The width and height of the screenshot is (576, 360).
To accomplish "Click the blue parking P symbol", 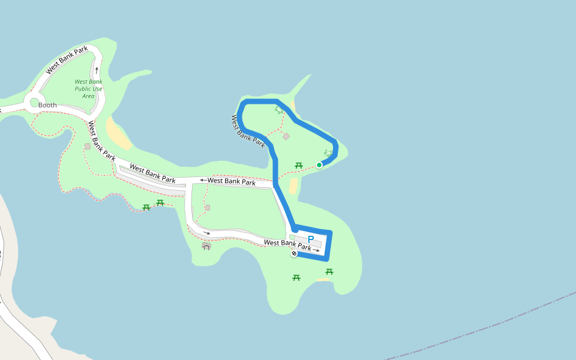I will click(310, 239).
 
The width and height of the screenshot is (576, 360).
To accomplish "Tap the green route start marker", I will click(319, 165).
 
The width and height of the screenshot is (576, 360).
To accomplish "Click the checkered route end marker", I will click(294, 254).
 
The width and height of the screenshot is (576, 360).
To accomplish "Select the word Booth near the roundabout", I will click(47, 106).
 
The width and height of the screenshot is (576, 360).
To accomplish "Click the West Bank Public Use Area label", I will click(88, 89).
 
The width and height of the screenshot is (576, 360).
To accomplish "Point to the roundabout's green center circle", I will click(34, 102).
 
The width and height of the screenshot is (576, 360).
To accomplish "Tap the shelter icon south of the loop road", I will click(206, 245).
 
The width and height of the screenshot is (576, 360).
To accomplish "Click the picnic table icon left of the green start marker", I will click(298, 165).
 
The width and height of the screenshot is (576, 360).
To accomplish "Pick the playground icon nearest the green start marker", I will click(328, 153).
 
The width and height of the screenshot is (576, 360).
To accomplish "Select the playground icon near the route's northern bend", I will click(278, 110).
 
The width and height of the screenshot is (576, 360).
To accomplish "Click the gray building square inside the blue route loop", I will click(286, 136).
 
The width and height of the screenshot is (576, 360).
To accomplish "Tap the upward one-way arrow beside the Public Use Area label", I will click(97, 70).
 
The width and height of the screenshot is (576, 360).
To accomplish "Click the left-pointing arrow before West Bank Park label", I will click(203, 179).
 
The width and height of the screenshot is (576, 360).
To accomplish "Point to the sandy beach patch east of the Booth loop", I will click(118, 133).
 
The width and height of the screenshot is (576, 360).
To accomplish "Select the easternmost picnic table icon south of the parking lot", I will click(329, 272).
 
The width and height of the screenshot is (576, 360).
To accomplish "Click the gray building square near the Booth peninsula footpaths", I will click(88, 146).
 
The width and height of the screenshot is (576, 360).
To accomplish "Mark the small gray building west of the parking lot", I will click(208, 208).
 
